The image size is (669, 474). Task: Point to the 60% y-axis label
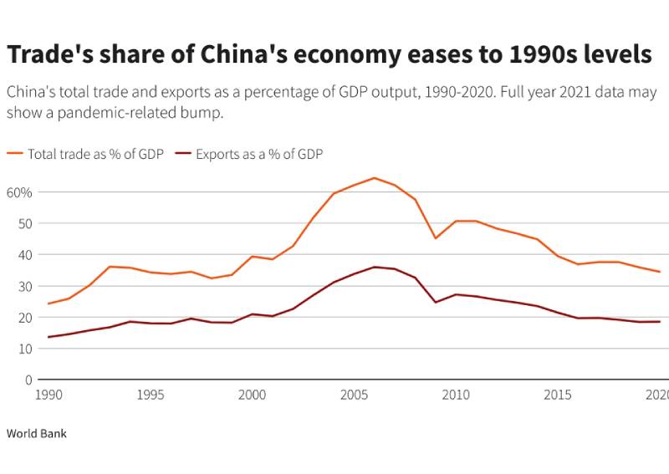(19, 192)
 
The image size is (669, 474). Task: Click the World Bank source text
(36, 434)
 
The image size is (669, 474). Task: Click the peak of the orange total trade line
(374, 178)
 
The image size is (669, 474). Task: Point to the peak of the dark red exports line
(374, 267)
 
